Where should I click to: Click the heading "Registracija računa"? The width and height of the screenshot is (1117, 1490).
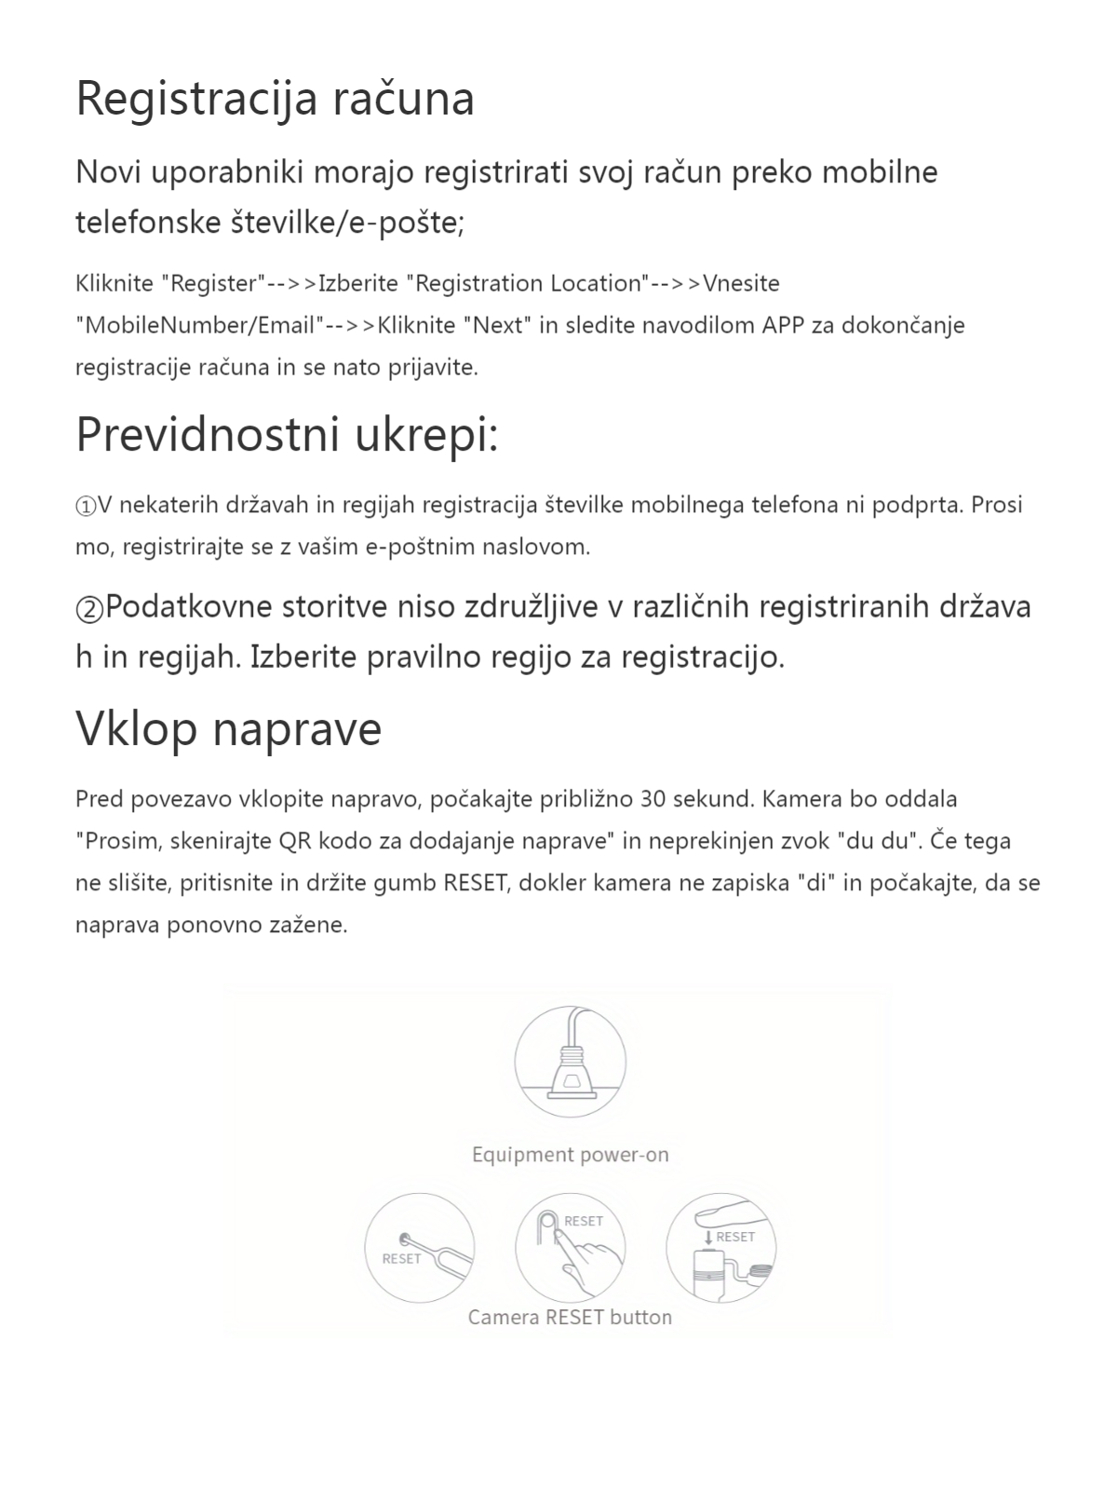click(x=275, y=100)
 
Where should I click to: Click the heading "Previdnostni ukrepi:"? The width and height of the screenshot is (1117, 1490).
click(x=287, y=435)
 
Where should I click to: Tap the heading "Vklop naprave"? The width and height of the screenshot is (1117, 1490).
click(x=228, y=728)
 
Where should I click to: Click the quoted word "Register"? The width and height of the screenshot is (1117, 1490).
click(x=215, y=283)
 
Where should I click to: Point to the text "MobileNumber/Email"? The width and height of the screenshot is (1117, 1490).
click(x=199, y=325)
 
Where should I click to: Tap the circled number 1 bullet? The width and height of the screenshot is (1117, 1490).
click(x=86, y=506)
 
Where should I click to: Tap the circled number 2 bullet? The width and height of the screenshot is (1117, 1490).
click(x=89, y=608)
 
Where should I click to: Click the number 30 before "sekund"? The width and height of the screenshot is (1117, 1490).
click(x=653, y=799)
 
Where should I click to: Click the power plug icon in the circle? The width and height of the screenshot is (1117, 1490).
click(x=570, y=1062)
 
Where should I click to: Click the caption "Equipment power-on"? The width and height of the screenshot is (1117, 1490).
click(x=570, y=1155)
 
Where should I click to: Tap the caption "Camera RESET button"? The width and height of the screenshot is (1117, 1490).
click(x=570, y=1317)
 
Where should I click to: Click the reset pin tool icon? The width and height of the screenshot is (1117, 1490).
click(x=420, y=1248)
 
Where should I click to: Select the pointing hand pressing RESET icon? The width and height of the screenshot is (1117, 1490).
click(x=570, y=1248)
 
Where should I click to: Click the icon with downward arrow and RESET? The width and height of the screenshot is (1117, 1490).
click(x=720, y=1248)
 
